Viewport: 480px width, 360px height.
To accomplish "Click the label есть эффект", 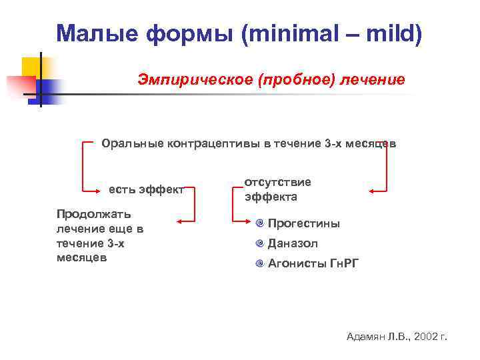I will pyautogui.click(x=146, y=189).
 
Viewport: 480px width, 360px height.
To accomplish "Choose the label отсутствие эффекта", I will pyautogui.click(x=277, y=189).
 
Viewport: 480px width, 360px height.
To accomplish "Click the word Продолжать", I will pyautogui.click(x=93, y=214).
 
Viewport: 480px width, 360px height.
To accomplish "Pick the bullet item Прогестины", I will pyautogui.click(x=303, y=223).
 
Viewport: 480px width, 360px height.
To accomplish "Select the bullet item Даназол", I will pyautogui.click(x=293, y=243).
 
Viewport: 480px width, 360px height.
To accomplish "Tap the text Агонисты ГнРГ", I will pyautogui.click(x=313, y=263).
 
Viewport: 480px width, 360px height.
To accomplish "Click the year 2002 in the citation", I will pyautogui.click(x=427, y=337).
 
